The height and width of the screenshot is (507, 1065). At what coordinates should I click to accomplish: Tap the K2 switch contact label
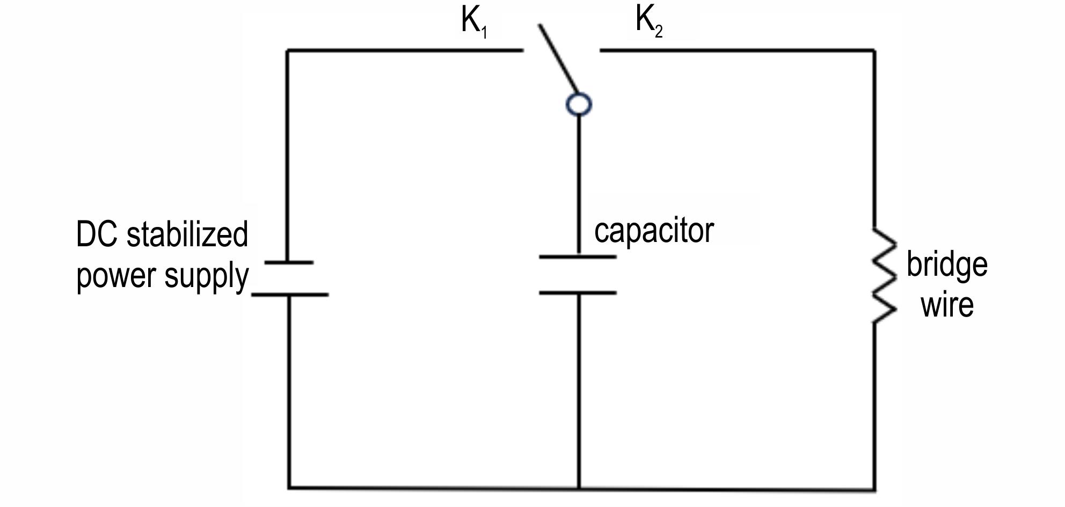[x=649, y=21]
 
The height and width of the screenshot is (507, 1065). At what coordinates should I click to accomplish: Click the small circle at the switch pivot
[x=579, y=104]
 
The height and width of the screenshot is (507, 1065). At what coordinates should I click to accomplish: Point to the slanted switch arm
[x=559, y=59]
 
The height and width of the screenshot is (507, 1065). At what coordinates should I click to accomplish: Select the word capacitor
[x=654, y=231]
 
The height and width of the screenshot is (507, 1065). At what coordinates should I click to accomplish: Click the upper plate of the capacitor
[x=578, y=257]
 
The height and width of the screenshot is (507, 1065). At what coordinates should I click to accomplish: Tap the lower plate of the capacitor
[x=578, y=293]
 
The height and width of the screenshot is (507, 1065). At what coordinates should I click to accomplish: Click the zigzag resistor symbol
[x=884, y=275]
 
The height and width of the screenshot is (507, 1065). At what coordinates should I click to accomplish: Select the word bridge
[x=947, y=264]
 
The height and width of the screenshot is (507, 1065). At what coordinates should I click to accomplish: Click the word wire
[x=947, y=305]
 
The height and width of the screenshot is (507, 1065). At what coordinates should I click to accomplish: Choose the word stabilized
[x=187, y=234]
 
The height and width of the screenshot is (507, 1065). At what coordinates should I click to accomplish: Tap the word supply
[x=207, y=277]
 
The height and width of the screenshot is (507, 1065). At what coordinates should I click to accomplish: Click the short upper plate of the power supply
[x=289, y=262]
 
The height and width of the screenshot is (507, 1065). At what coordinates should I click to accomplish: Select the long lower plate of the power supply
[x=290, y=295]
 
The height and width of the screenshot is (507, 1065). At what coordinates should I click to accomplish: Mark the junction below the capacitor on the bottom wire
[x=579, y=488]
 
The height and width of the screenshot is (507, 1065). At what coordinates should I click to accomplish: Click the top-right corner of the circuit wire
[x=874, y=50]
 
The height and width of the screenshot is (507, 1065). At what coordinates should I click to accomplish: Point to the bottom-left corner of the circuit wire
[x=289, y=488]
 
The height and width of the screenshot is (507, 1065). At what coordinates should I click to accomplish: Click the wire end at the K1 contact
[x=523, y=50]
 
